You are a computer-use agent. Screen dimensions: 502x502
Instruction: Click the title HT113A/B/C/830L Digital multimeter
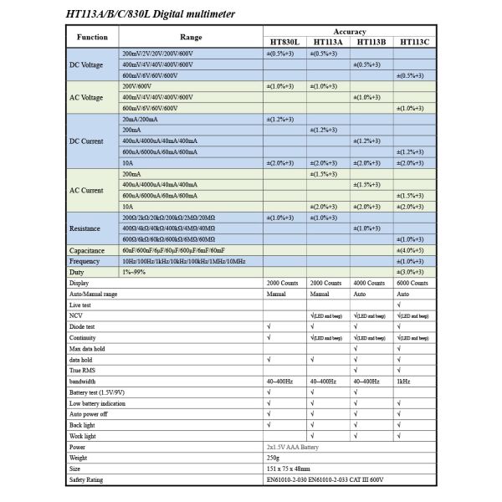point(150,14)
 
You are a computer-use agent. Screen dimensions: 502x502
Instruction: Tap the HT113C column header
point(414,42)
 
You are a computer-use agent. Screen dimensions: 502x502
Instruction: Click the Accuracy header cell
point(349,30)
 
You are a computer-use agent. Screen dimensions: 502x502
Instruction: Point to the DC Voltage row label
point(86,64)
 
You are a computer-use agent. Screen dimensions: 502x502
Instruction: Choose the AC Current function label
point(86,190)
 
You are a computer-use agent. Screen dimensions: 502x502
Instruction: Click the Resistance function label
point(85,228)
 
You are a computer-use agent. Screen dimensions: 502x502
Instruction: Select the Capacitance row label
point(87,250)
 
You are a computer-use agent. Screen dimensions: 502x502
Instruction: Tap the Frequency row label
point(85,261)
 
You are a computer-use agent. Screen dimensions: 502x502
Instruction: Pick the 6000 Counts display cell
point(413,284)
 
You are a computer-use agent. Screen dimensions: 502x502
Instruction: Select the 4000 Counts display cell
point(370,284)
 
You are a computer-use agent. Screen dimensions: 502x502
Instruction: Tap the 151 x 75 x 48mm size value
point(288,469)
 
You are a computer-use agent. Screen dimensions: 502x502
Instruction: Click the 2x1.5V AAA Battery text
point(296,447)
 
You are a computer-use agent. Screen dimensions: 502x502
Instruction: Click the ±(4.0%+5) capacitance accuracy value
point(413,250)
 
